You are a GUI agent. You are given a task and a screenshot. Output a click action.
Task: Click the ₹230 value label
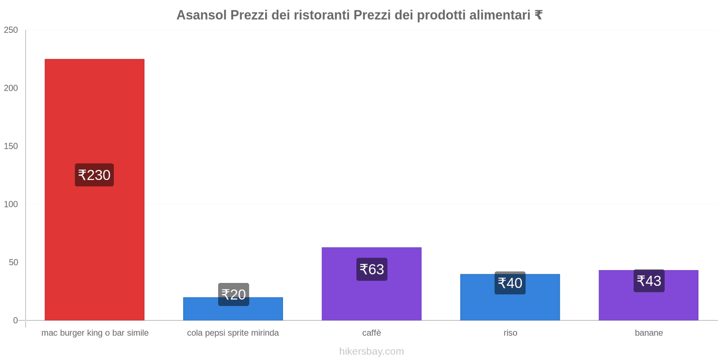coord(94,175)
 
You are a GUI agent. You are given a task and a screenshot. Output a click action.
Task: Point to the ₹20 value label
coord(234,294)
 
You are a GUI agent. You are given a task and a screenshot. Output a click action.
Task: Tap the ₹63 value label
coord(372,269)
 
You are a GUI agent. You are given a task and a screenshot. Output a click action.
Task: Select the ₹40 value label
coord(510,283)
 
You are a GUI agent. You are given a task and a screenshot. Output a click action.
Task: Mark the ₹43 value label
coord(649,281)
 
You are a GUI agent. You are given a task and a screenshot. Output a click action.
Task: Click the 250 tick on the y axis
coord(11,30)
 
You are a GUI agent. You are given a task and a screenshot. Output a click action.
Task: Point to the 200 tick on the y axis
coord(11,88)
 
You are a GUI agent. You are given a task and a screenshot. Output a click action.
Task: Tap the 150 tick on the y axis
coord(11,146)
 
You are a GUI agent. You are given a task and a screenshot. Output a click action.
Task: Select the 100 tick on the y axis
coord(11,204)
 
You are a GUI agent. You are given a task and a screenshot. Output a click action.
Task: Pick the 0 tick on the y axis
coord(15,320)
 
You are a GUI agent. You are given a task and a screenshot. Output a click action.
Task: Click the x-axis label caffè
coord(372,333)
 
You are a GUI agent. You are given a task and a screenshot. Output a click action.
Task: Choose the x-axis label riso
coord(510,333)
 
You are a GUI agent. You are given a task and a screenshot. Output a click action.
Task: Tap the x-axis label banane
coord(648,333)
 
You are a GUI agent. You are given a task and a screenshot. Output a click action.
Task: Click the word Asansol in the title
coord(202,15)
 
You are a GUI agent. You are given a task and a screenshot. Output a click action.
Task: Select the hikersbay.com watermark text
coord(372,351)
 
